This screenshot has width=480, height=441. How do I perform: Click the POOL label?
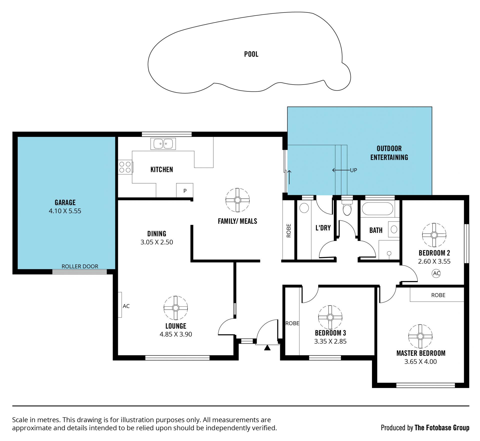click(x=251, y=54)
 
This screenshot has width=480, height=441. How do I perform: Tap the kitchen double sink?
click(x=163, y=144)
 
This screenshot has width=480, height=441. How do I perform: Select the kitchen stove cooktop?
click(x=125, y=167)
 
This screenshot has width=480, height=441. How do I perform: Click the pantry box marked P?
click(x=185, y=190)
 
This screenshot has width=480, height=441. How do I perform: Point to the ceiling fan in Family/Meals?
click(x=237, y=200)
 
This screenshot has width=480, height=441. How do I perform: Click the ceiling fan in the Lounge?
click(x=175, y=308)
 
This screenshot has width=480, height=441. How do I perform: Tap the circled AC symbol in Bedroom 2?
click(x=436, y=273)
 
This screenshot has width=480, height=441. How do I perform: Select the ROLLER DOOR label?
click(x=80, y=266)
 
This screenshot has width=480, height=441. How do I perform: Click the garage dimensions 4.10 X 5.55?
click(x=65, y=211)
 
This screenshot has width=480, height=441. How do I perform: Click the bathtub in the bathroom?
click(x=377, y=208)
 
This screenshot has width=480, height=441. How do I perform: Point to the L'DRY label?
click(x=323, y=228)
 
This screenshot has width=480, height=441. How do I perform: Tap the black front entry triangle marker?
click(x=267, y=348)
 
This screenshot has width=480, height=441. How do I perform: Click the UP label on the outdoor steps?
click(x=353, y=170)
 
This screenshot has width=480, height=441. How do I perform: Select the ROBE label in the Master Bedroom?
click(x=438, y=295)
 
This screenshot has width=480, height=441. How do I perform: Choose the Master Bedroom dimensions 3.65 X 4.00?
click(x=420, y=362)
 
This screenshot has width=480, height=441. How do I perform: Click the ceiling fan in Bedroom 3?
click(x=330, y=317)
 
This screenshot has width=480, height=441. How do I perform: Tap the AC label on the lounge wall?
click(x=126, y=306)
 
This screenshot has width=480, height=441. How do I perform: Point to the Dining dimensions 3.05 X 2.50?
click(x=157, y=242)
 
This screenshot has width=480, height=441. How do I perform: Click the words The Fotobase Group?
click(x=442, y=428)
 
